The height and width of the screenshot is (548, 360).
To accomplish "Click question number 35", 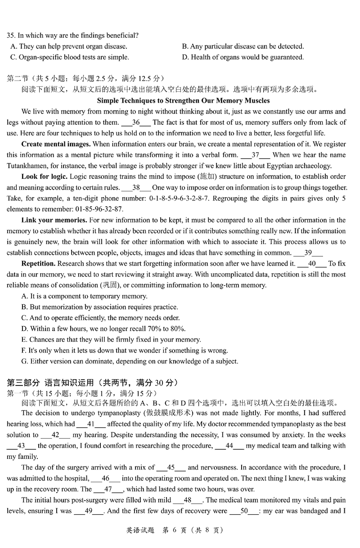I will [x=11, y=36].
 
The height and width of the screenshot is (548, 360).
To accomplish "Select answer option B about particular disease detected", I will [x=243, y=46].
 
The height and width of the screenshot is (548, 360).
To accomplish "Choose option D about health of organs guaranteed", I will [x=243, y=57].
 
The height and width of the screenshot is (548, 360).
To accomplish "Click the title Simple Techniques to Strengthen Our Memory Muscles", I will [x=183, y=100].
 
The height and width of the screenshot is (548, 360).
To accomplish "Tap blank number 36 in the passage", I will [x=136, y=122].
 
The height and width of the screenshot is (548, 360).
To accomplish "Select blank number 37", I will [x=255, y=155].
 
